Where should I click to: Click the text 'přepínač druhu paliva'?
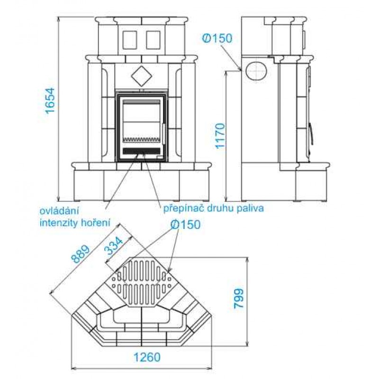coord(213,208)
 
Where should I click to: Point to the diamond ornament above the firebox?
coord(141,75)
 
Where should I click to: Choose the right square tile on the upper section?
coord(153,40)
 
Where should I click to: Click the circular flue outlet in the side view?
coord(256,71)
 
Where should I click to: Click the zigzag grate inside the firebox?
coord(141,140)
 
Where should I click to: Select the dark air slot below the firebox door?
coord(141,151)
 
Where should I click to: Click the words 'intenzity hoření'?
coord(75,221)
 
